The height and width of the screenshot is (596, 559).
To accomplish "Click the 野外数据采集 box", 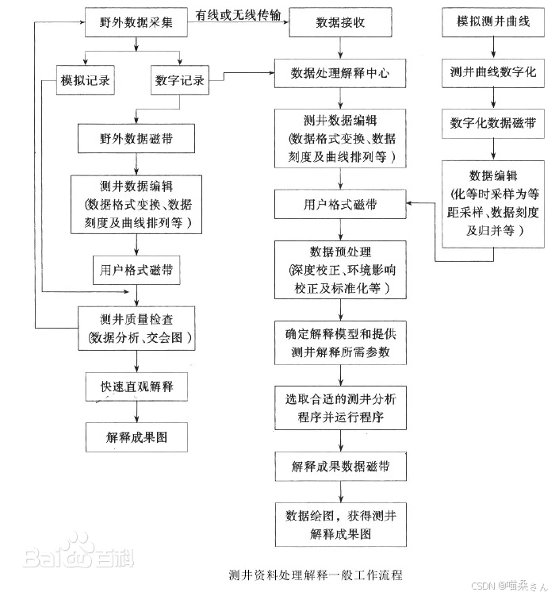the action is coord(136,22).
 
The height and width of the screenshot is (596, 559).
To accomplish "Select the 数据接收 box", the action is coord(340,22).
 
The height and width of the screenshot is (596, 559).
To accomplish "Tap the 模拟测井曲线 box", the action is coord(493,21).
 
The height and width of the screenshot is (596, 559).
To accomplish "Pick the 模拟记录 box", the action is coord(86,80).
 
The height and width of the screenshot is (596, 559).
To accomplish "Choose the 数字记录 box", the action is coord(180,80).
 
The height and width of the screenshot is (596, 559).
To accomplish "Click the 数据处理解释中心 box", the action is coord(340,73).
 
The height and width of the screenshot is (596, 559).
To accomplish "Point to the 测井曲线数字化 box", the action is coord(493,72).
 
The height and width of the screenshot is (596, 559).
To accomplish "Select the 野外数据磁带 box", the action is coord(136,138).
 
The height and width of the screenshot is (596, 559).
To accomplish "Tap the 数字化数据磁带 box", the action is coord(493,124).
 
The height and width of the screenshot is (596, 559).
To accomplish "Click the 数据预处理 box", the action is coord(340,270).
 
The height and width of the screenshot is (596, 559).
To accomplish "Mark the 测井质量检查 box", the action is coord(136,329).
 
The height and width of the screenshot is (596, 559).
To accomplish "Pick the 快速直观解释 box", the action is coord(136,386).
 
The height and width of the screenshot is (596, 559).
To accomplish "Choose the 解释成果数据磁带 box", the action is coord(341,467).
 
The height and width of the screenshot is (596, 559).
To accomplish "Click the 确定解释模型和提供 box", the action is coord(341,343).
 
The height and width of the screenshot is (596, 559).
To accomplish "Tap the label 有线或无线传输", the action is coord(238,15).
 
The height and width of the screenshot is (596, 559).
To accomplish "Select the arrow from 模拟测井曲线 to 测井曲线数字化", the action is coord(493,48).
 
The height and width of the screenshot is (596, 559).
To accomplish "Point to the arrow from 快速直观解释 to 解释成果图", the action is coord(136,412).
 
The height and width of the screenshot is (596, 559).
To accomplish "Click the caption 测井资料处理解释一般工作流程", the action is coord(316,575).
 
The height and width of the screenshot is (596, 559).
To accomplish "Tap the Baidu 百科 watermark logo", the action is coord(78,552).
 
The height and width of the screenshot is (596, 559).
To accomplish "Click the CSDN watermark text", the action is coord(509,586).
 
